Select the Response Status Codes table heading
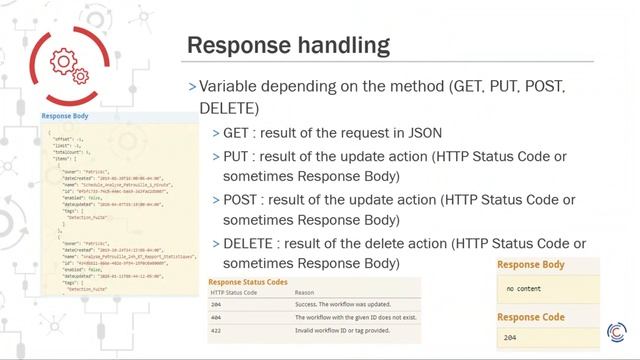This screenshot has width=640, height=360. point(248,282)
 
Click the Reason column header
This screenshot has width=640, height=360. point(303,292)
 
